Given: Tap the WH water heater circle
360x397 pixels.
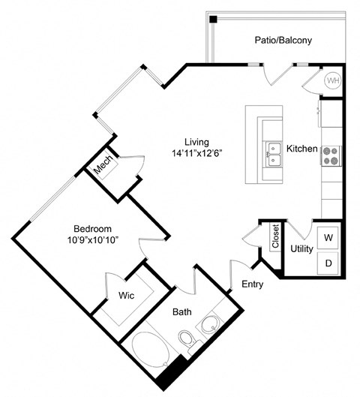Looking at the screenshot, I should click(332, 80).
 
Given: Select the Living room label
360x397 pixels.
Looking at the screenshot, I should click(197, 141).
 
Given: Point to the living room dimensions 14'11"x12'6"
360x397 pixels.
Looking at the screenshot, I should click(197, 152).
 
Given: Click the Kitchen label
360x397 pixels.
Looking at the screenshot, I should click(302, 149).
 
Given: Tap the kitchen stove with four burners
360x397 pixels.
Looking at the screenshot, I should click(331, 155).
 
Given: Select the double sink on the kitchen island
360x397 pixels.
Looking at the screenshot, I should click(273, 153).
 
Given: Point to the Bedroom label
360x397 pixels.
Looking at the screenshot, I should click(92, 228).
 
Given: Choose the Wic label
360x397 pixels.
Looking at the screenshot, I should click(126, 296).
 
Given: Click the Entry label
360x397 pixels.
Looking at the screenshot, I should click(252, 284).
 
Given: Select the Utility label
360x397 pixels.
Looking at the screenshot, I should click(302, 248).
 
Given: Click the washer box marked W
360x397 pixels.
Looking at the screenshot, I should click(328, 238).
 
